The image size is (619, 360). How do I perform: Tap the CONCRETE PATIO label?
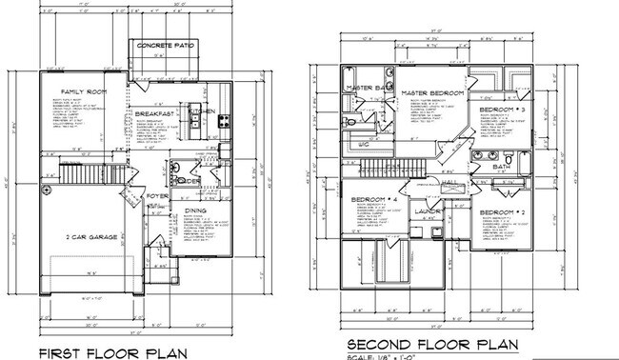click(x=168, y=46)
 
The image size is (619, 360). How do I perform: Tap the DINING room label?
click(x=194, y=210)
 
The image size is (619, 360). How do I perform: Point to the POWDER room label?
click(x=187, y=181)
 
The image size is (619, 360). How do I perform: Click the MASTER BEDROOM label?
click(x=433, y=92)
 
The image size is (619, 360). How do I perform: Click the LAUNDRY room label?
click(x=428, y=211)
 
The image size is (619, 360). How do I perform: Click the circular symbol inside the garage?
click(x=45, y=190)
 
